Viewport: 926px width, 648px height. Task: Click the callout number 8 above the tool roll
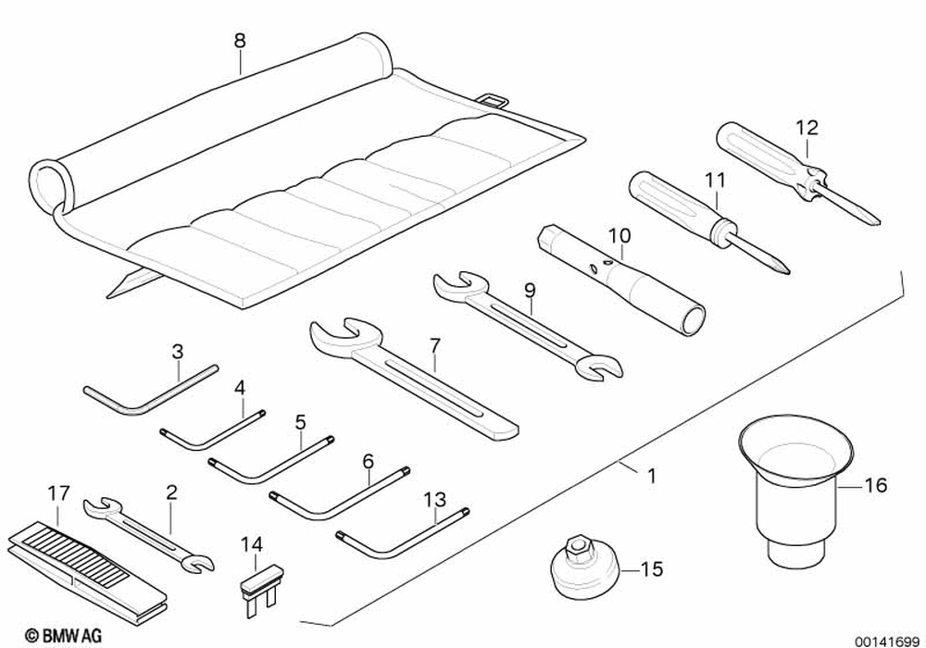point(240,41)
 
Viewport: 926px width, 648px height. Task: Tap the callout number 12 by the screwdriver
point(807,128)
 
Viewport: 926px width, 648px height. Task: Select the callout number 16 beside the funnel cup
point(875,484)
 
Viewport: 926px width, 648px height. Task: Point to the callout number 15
point(652,569)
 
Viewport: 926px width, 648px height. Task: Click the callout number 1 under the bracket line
point(651,477)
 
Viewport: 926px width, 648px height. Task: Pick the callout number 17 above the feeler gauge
point(58,493)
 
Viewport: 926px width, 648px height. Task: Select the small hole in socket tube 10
point(607,263)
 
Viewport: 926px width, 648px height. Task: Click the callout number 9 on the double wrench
point(529,290)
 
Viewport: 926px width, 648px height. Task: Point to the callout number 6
point(368,459)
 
